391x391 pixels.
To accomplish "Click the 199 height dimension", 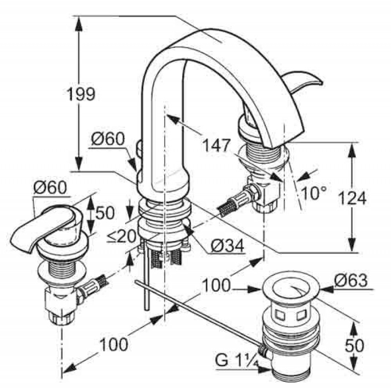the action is pos(81,94).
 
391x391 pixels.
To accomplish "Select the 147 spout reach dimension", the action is pos(216,145).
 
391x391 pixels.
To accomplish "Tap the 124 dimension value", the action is pos(352,198).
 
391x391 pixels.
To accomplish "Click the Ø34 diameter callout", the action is pos(227,246).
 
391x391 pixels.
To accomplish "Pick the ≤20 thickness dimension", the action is pos(122,236).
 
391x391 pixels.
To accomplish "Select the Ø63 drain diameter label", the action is pos(350,280).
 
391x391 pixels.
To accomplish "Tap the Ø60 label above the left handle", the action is pos(50,188).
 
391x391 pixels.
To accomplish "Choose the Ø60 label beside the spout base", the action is pos(108,139).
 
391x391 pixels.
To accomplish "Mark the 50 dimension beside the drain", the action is pos(354,346).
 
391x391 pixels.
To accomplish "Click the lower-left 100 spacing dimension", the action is pos(114,345).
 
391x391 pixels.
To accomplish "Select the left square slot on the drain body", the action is pos(279,316).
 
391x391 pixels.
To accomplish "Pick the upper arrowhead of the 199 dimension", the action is pos(79,24).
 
